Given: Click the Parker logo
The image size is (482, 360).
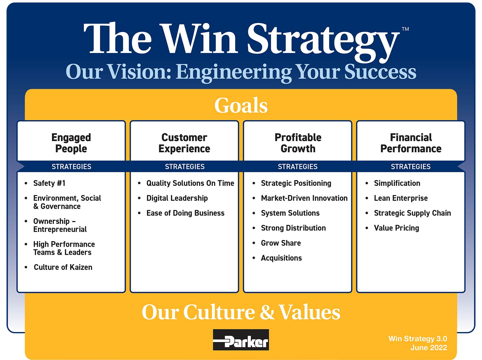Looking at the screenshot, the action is (241, 339).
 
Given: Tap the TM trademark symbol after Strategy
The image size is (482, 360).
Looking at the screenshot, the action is (405, 29).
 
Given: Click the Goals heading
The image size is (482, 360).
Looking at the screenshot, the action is (241, 105).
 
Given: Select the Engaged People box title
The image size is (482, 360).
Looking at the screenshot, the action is (71, 143).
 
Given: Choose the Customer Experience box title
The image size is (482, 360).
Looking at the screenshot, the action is (184, 143).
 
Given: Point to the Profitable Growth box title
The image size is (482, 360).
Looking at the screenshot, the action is (298, 143).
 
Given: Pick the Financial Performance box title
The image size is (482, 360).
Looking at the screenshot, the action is (411, 143).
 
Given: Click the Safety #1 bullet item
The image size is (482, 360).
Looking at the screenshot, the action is (49, 183).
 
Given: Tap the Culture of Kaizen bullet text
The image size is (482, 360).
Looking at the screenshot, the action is (63, 267).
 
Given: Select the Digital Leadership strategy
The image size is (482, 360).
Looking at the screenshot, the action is (177, 198).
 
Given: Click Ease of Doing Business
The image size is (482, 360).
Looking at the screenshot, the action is (185, 213).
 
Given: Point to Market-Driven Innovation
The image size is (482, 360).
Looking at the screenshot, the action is (304, 198).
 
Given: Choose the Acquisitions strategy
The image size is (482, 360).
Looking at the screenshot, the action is (281, 258).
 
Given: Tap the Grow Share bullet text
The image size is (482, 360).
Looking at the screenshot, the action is (281, 243).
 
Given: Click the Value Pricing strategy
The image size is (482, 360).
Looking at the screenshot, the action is (396, 228).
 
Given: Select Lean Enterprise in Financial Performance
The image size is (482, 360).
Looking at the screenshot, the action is (401, 198).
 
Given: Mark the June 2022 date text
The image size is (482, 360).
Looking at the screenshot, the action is (429, 348).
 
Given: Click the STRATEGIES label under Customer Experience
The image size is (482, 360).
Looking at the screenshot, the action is (185, 166).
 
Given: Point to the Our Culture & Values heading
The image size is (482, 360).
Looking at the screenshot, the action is (241, 312).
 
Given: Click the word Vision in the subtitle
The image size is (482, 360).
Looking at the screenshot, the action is (140, 72).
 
